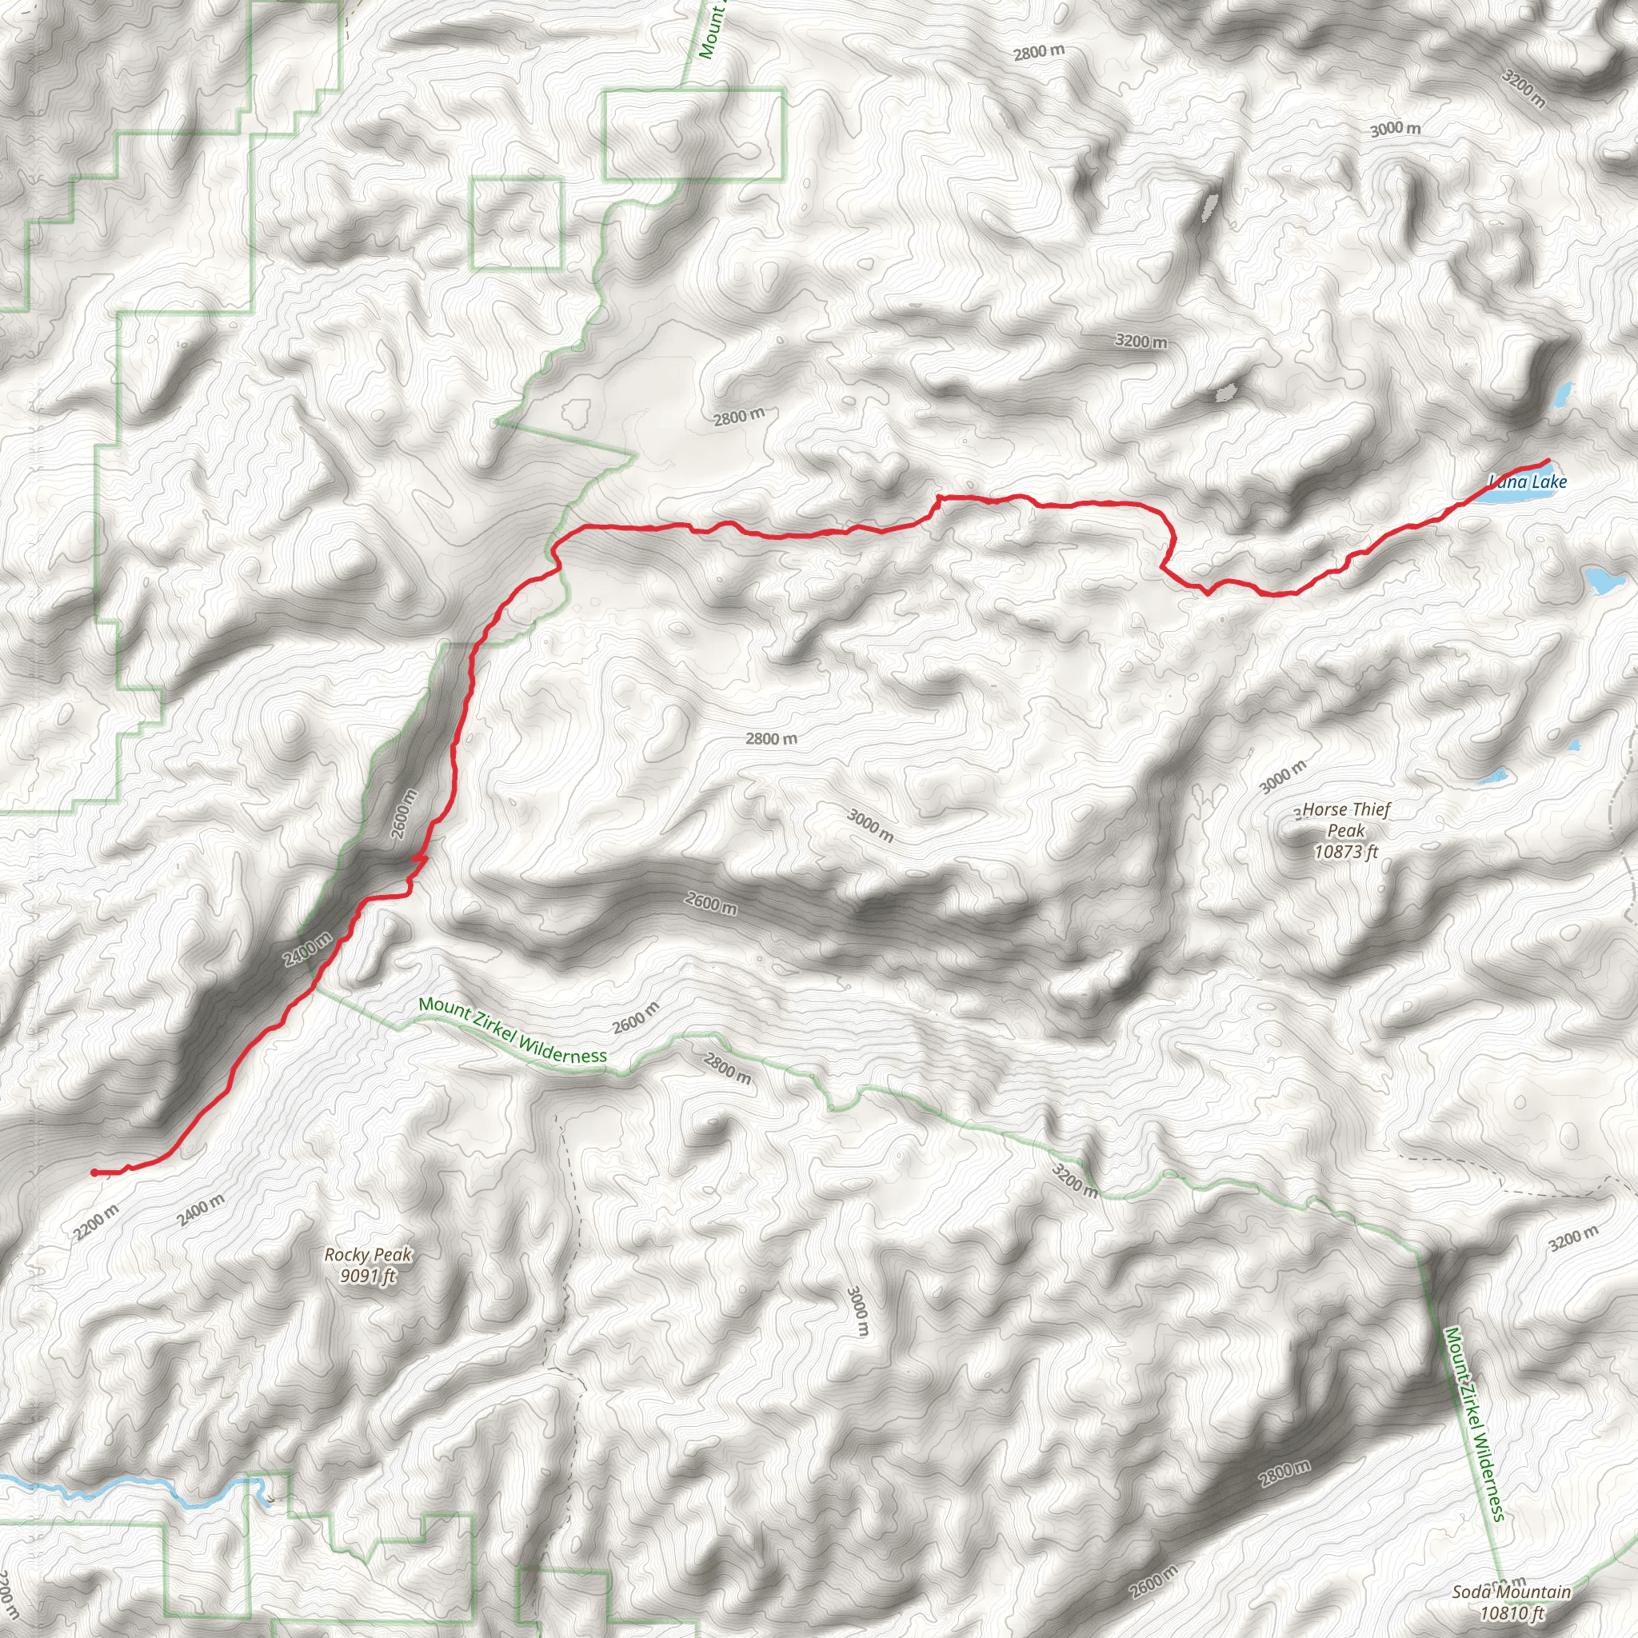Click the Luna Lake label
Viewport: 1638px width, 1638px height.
(x=1528, y=482)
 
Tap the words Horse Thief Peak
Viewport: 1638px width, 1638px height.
(x=1346, y=820)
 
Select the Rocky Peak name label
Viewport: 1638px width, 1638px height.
(x=368, y=1255)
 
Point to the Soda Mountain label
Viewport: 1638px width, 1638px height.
(x=1511, y=1592)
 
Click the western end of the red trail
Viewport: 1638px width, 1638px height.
(x=94, y=1173)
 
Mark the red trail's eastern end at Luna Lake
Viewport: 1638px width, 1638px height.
(x=1549, y=461)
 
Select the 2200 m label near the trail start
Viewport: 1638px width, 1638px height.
(x=96, y=1222)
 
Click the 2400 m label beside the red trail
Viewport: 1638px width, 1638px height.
(x=307, y=949)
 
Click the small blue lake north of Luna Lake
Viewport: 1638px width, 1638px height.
(x=1562, y=394)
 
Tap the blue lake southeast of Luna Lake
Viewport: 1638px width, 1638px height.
(x=1604, y=581)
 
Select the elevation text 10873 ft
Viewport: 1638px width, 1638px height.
(x=1346, y=851)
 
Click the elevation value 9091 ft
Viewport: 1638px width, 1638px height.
(x=368, y=1275)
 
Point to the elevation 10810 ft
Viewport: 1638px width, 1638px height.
(x=1512, y=1612)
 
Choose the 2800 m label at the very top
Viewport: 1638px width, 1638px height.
(x=1039, y=52)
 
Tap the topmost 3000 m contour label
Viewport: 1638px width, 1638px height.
(x=1396, y=129)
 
